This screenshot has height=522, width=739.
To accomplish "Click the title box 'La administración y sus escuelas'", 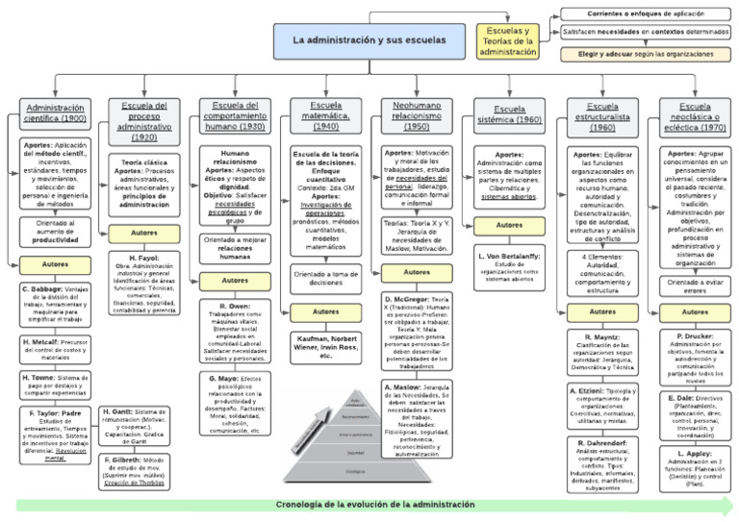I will click(369, 40).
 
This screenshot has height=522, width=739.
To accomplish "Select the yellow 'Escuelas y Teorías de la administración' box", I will click(507, 41).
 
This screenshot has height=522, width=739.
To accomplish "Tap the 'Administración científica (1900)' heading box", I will click(55, 113).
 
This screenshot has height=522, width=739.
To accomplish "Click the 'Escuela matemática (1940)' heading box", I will click(326, 114).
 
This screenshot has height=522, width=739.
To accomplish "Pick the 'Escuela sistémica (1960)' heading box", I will click(510, 114).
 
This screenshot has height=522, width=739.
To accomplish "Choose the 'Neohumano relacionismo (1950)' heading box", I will click(417, 114).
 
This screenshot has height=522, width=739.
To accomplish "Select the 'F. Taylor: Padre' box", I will click(55, 434).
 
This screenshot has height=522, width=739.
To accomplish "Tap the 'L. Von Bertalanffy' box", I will click(509, 264).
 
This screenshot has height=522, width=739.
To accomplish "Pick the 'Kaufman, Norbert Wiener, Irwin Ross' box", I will click(326, 346).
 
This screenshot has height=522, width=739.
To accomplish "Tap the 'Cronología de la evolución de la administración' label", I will click(375, 505).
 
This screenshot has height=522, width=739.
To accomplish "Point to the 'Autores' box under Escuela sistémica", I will click(509, 225).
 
